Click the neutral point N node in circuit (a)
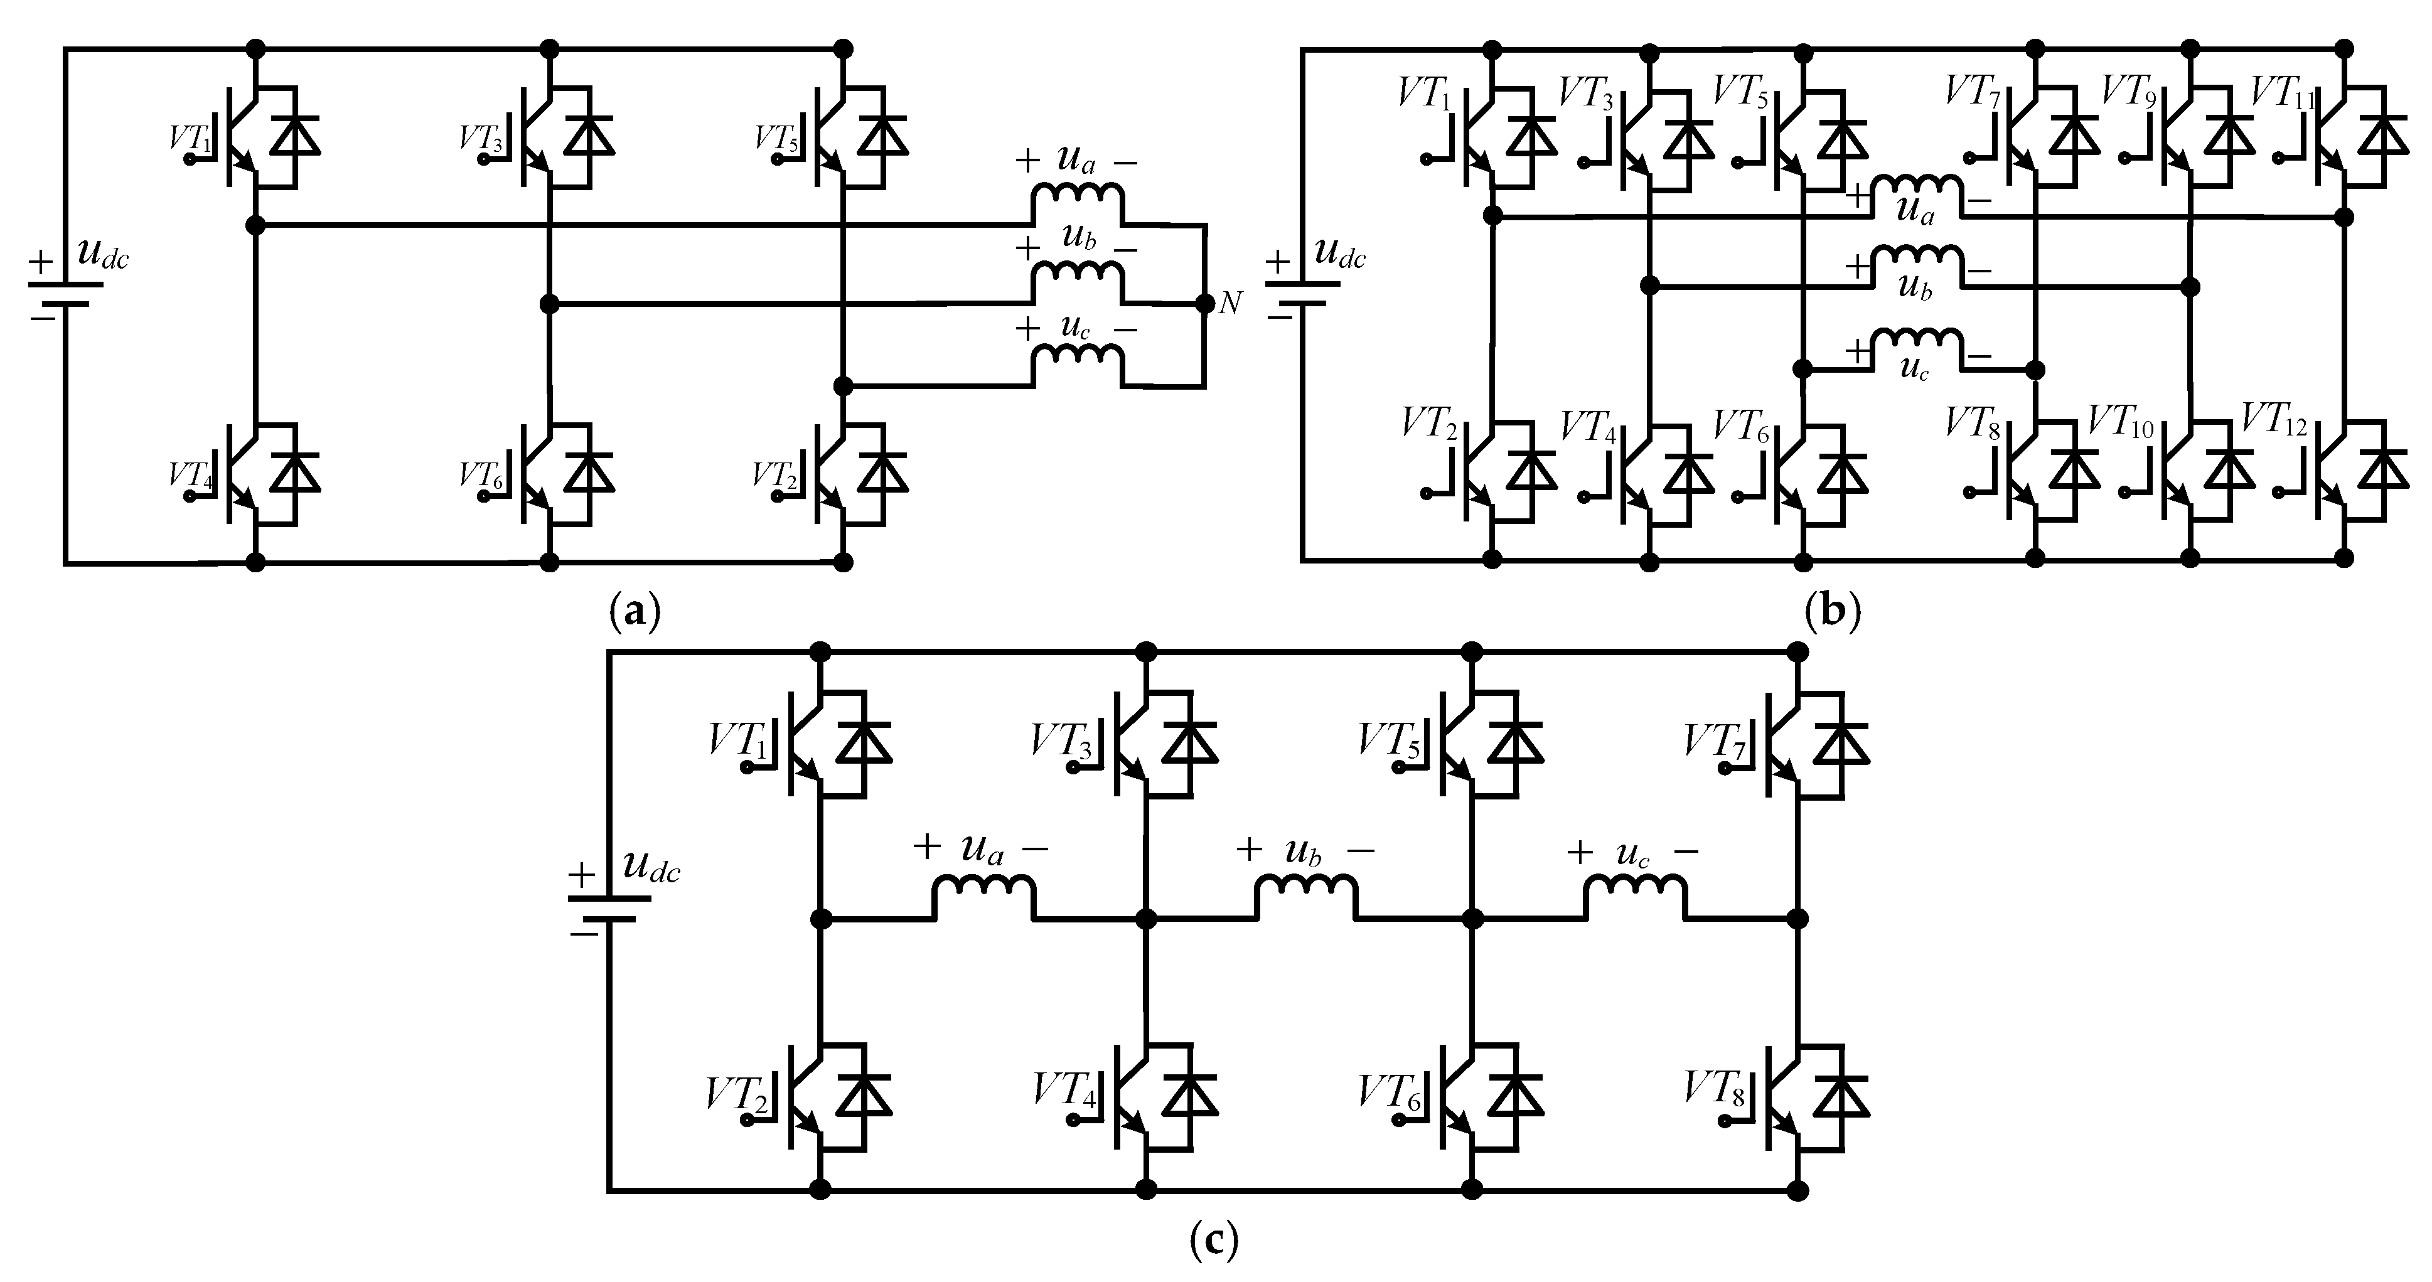[1204, 303]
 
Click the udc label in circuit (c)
[650, 867]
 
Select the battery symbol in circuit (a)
[63, 292]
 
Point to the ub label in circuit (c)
[1303, 852]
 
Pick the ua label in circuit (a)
[1076, 159]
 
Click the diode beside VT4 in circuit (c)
[1189, 1095]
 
